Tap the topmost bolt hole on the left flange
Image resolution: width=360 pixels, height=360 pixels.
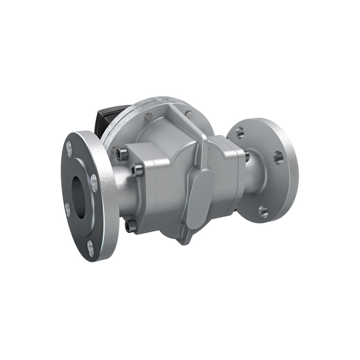pyautogui.click(x=69, y=148)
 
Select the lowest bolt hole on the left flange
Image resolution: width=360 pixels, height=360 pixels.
pyautogui.click(x=91, y=250)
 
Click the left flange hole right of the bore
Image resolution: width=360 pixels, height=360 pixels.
pyautogui.click(x=94, y=182)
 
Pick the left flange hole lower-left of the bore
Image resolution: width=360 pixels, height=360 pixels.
pyautogui.click(x=67, y=208)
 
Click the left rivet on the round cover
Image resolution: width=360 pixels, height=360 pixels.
pyautogui.click(x=149, y=116)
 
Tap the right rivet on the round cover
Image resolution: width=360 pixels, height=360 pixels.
pyautogui.click(x=188, y=114)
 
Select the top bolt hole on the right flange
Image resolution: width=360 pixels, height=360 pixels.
pyautogui.click(x=240, y=133)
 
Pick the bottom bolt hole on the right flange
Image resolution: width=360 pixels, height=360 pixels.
pyautogui.click(x=263, y=210)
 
